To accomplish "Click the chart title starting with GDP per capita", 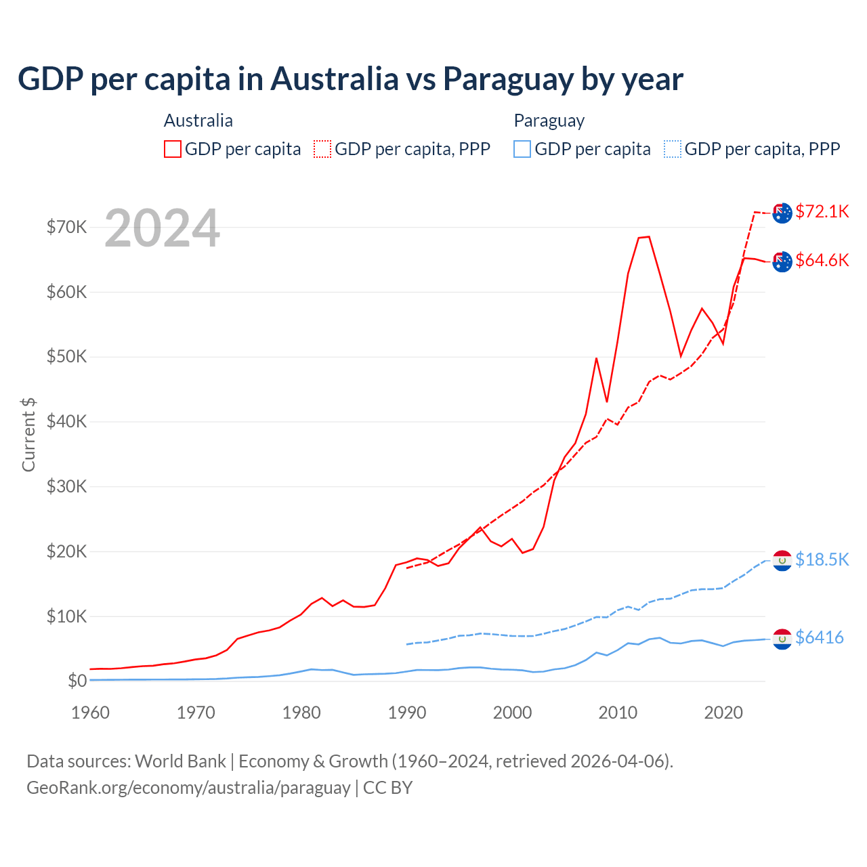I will tap(350, 79).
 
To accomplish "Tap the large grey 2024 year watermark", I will tap(162, 228).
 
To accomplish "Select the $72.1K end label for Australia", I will tap(822, 211).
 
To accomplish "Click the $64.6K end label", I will tap(822, 260).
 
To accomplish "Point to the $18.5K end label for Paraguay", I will tap(822, 559).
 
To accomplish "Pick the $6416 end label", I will tap(819, 637).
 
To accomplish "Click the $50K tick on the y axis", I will tap(66, 356).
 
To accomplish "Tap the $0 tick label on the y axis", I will tap(77, 681).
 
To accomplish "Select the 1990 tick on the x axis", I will tap(406, 713).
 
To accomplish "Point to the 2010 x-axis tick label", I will tap(618, 713).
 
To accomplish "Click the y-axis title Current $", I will tap(28, 434).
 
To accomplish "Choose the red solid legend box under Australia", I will tap(173, 149).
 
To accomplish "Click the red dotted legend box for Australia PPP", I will tap(322, 149).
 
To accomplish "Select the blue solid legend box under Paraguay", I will tap(522, 149).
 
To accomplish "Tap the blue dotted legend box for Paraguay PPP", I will tap(673, 149).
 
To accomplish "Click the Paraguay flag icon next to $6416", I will tap(782, 639).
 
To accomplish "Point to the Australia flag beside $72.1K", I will tap(782, 213).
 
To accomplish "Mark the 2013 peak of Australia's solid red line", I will tap(648, 236).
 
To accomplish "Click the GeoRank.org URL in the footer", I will tap(188, 788).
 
